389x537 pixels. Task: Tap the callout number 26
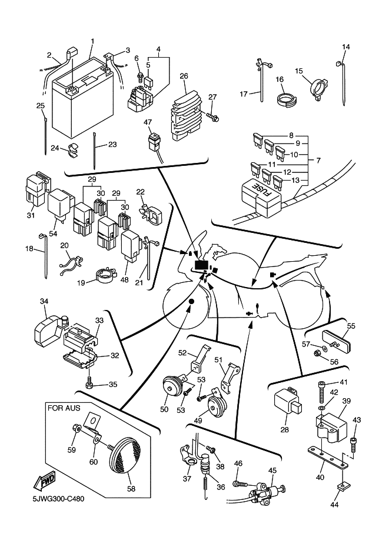click(184, 76)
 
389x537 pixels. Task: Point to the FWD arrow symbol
click(45, 483)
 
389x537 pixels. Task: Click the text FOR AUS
click(63, 406)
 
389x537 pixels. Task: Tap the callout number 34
click(44, 301)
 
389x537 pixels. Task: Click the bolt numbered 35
click(89, 383)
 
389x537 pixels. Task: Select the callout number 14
click(346, 47)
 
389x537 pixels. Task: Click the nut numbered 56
click(317, 353)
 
